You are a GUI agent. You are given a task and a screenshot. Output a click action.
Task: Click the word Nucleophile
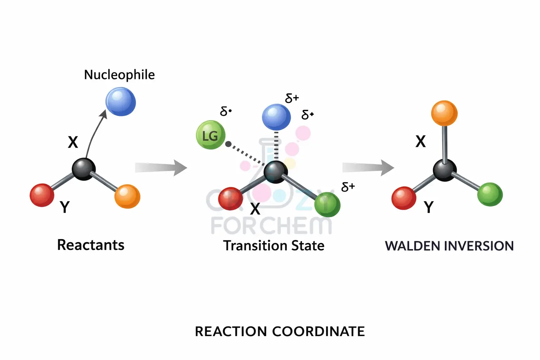119,75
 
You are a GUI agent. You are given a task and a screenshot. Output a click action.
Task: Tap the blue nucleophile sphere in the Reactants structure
121,102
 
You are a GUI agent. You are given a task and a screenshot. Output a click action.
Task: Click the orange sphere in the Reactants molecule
127,196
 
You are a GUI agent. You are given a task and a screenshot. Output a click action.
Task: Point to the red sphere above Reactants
42,195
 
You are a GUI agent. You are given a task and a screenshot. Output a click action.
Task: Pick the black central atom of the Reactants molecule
84,169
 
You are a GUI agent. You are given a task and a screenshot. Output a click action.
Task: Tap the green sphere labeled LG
211,135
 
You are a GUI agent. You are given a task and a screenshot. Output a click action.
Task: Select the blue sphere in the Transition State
276,117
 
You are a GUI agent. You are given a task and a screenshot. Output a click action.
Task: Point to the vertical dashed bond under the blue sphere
276,146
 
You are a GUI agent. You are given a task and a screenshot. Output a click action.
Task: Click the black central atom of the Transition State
276,172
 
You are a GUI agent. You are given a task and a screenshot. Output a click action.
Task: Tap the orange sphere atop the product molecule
444,113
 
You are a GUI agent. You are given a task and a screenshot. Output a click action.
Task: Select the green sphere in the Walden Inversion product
490,194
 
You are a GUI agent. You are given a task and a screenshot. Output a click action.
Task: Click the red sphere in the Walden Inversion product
404,198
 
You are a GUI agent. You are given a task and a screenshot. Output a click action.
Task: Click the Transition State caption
274,245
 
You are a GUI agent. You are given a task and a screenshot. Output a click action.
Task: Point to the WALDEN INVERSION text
449,246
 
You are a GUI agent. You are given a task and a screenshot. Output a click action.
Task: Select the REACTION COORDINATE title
280,331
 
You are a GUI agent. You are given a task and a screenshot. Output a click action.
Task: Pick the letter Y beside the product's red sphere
429,207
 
